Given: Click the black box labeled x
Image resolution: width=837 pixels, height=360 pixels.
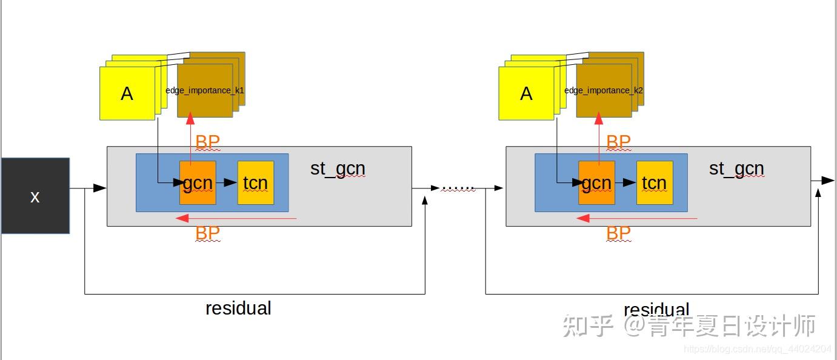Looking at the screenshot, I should click(35, 196).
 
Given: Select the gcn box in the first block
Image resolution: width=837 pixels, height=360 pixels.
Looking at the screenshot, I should click(198, 182).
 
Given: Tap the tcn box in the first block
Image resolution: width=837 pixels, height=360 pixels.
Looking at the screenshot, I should click(255, 182).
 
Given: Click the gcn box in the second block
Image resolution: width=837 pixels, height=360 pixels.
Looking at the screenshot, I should click(596, 182).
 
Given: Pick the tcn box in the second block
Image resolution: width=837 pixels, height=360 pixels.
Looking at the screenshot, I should click(654, 182).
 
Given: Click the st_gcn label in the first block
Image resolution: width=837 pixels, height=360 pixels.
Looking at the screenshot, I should click(338, 168).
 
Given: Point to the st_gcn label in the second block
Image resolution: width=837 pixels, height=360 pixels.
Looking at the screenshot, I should click(736, 168).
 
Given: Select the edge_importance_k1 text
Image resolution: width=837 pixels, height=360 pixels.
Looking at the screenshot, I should click(205, 90).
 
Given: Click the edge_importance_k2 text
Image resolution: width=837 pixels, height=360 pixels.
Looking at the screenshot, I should click(604, 90).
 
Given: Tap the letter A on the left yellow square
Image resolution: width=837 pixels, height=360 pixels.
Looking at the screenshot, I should click(127, 93).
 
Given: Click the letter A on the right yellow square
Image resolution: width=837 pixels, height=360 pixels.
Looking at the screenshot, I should click(526, 93).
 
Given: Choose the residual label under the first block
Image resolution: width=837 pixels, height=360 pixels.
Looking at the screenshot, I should click(238, 308).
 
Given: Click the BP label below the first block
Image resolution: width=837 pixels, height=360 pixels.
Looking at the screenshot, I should click(207, 233).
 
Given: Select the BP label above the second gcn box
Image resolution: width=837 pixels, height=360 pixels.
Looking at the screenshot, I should click(618, 142).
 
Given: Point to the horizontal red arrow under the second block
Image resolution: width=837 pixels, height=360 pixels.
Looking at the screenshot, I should click(636, 218).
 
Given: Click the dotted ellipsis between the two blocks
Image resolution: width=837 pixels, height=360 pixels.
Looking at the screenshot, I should click(458, 188).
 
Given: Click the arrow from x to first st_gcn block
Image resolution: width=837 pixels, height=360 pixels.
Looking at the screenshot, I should click(88, 188).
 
